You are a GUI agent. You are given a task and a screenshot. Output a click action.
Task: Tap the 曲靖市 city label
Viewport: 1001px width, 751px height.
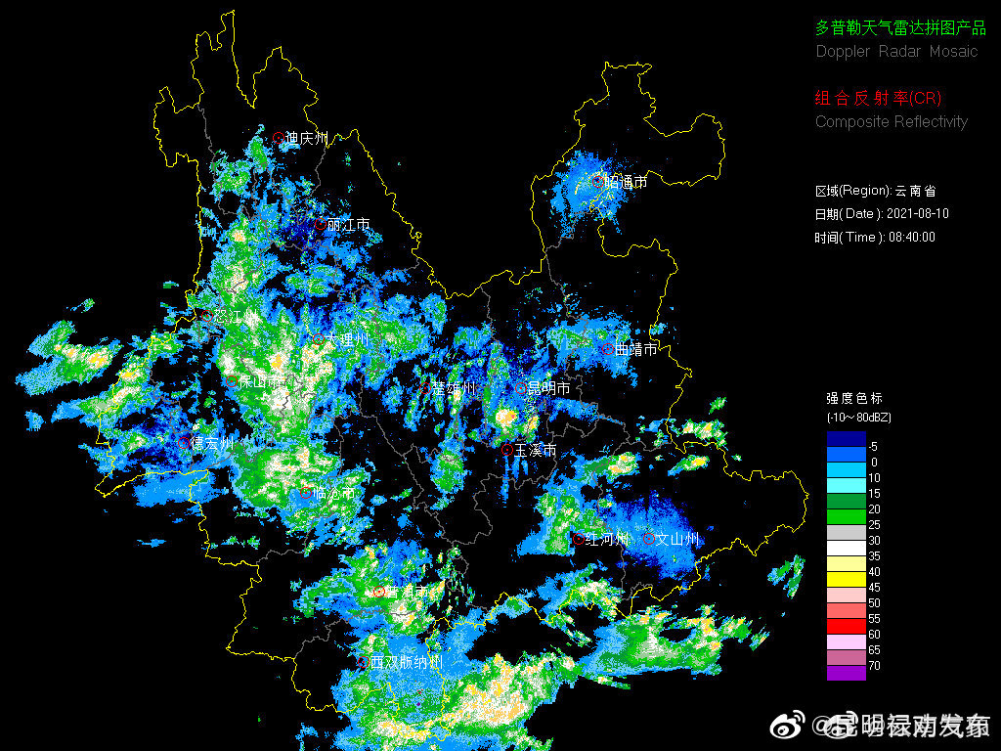click(x=636, y=349)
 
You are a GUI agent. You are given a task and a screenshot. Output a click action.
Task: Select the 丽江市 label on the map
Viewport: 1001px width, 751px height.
click(x=349, y=225)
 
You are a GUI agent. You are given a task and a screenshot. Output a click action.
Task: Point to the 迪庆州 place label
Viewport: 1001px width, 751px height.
click(x=307, y=139)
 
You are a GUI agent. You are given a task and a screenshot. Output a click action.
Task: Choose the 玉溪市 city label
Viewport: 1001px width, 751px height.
click(x=535, y=450)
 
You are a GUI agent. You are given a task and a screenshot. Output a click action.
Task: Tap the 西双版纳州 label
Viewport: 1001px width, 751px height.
click(x=405, y=663)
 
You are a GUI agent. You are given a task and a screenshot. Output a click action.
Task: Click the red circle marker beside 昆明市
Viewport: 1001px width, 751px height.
click(x=521, y=388)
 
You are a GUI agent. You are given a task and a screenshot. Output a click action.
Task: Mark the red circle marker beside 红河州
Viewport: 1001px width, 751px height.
click(x=579, y=539)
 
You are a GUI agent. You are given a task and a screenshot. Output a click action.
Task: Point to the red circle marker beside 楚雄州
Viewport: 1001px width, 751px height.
click(x=426, y=388)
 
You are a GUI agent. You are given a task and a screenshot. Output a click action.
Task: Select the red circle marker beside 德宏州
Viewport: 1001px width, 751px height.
click(x=186, y=442)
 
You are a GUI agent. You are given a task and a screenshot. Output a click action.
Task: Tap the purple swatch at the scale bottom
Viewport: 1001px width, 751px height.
click(x=846, y=673)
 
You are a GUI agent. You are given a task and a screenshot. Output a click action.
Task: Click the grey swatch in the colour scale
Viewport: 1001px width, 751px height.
click(x=846, y=532)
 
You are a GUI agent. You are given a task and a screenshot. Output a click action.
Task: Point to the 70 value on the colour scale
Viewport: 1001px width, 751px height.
click(x=874, y=665)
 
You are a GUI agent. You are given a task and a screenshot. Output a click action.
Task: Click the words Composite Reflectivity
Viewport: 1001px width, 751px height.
click(x=892, y=122)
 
